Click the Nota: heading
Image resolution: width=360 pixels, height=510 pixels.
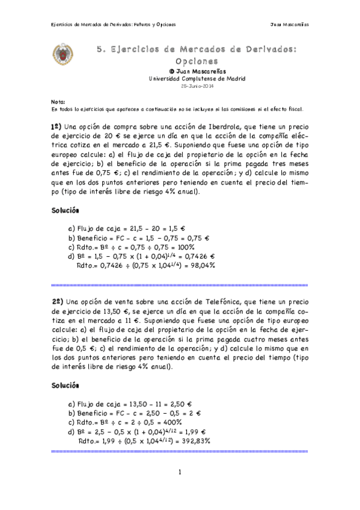pos(58,102)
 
